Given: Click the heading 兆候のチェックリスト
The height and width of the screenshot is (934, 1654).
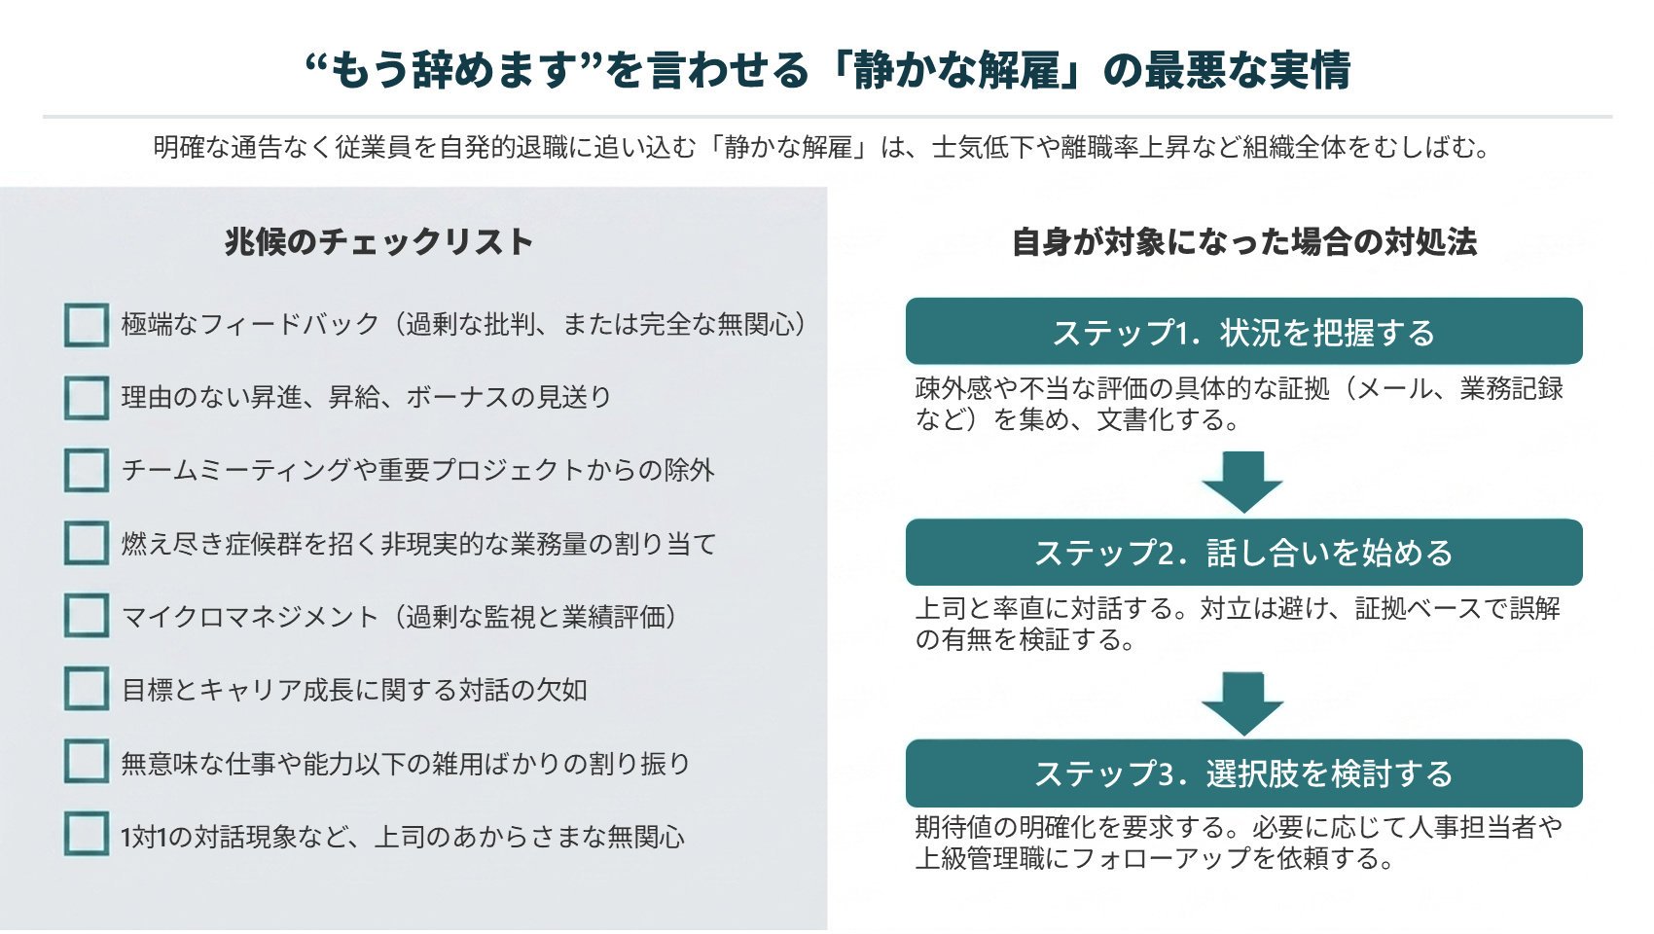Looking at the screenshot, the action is click(378, 242).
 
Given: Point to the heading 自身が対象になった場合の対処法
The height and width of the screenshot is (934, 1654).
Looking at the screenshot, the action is click(1244, 242).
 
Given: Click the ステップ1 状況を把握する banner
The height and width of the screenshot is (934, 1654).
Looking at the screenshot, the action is click(1244, 331).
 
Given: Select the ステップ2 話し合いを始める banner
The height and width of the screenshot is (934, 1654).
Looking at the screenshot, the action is click(1244, 553).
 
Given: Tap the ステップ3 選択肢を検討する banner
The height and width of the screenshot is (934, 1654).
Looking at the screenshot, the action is click(1244, 773).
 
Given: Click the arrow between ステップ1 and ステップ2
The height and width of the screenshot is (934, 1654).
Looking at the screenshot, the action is click(1243, 483).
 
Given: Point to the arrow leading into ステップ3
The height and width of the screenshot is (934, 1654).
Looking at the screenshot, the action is click(1243, 702).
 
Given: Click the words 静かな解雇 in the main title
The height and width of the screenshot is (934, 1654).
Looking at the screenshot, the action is click(957, 71).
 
